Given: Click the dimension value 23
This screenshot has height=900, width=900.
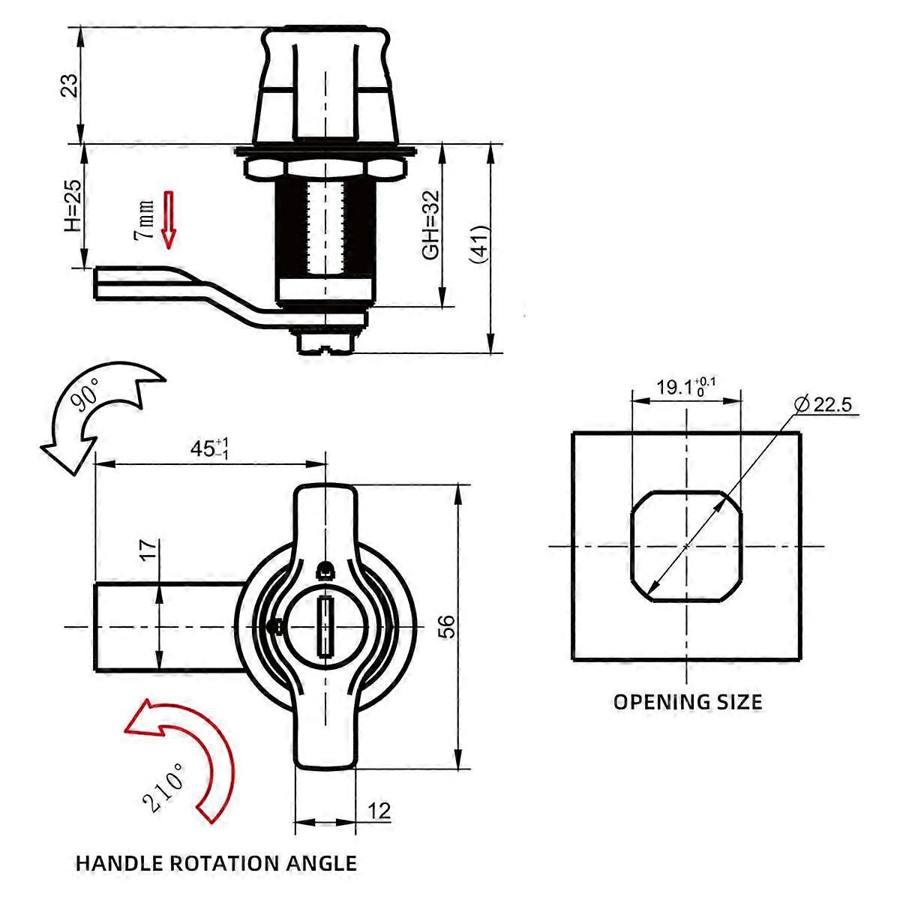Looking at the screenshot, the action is (x=70, y=85).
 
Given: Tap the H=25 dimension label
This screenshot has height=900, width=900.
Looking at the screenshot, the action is (x=73, y=205).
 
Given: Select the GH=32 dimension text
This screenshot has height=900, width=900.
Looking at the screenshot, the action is (x=430, y=225).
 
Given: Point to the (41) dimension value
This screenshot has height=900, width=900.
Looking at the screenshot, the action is (x=480, y=245).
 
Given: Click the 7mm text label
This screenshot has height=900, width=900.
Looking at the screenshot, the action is (x=144, y=220).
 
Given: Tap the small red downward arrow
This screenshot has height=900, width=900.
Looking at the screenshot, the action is (x=168, y=220).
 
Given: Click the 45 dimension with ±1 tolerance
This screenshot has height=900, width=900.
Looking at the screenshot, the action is (x=209, y=448).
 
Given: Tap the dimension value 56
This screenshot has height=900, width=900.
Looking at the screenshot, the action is (x=446, y=627).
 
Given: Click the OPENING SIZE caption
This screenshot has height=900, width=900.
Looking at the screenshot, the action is (x=688, y=702).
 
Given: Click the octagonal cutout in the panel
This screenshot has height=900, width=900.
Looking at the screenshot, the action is (x=686, y=547).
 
